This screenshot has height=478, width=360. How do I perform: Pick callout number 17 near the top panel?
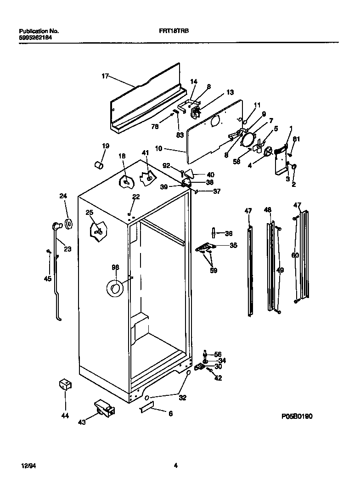[105, 76]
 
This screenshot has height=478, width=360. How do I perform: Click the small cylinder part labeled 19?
[98, 164]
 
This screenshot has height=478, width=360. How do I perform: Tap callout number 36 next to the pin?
[228, 233]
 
